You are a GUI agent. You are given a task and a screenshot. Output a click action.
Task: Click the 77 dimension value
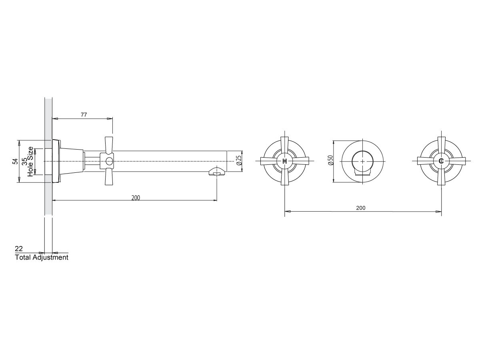tap(84, 114)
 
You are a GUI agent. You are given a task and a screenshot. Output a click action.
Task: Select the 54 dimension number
tap(15, 161)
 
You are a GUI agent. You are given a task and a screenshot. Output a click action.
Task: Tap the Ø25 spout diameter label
tap(239, 160)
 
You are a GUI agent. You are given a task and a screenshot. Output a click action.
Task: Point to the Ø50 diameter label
tap(330, 160)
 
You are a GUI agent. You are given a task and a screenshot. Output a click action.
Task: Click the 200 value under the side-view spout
tap(136, 198)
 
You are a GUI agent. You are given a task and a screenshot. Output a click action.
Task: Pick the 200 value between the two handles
tap(361, 208)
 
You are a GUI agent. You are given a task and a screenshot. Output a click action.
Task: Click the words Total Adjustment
tap(42, 257)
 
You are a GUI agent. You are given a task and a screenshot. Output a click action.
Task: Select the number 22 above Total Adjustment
tap(19, 248)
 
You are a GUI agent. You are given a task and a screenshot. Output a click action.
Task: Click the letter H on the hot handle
tap(284, 161)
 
